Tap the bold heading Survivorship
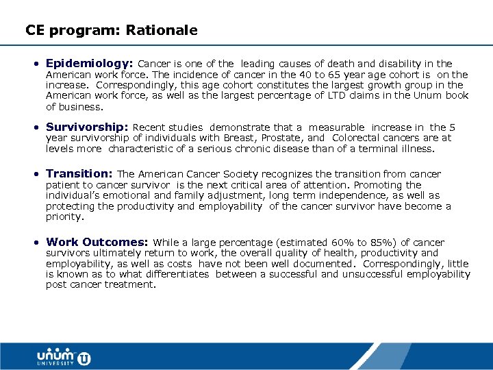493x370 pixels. click(x=87, y=127)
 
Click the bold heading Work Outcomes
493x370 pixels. click(x=97, y=242)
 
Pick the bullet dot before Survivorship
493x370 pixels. click(x=37, y=127)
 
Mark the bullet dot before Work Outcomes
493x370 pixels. click(x=37, y=243)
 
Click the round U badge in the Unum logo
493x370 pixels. click(x=84, y=358)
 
